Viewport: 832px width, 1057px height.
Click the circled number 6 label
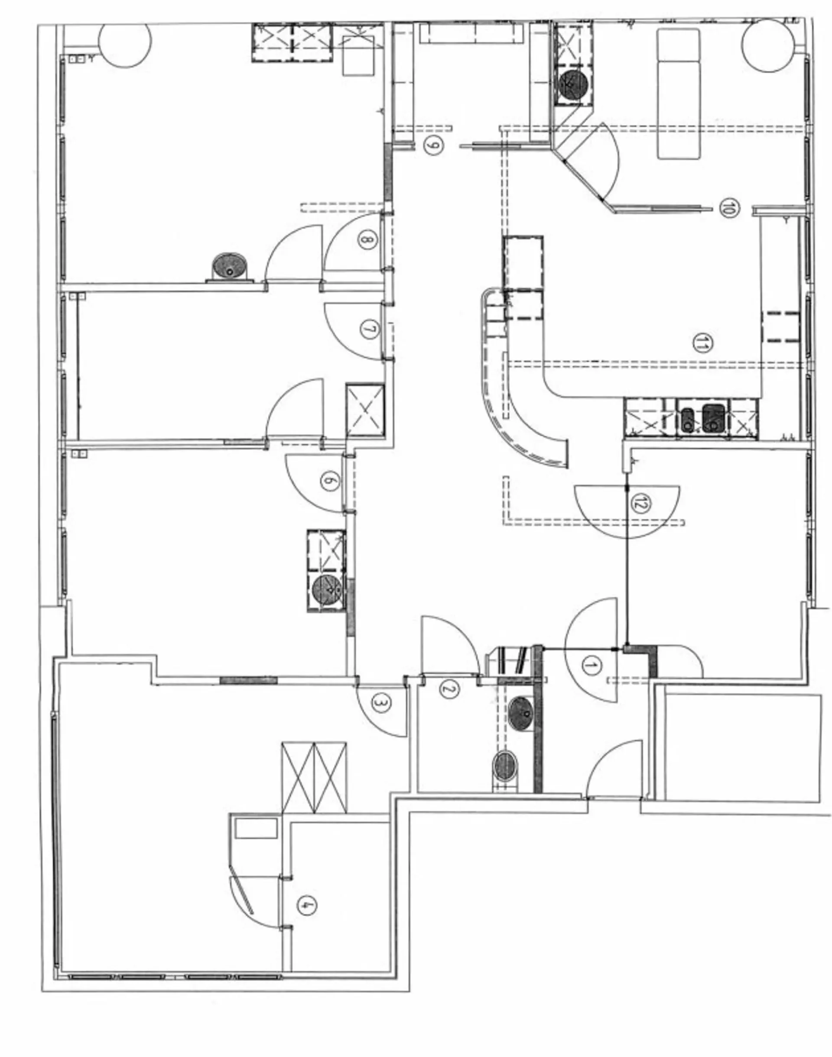click(x=329, y=481)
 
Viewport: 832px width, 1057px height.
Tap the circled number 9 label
click(x=432, y=145)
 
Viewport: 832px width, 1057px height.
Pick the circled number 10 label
click(x=728, y=209)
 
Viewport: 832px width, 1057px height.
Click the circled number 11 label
click(x=700, y=344)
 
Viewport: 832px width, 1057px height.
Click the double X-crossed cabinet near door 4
click(x=314, y=777)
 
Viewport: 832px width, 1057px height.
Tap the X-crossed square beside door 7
click(x=365, y=410)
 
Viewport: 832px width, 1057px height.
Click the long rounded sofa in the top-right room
click(x=679, y=94)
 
